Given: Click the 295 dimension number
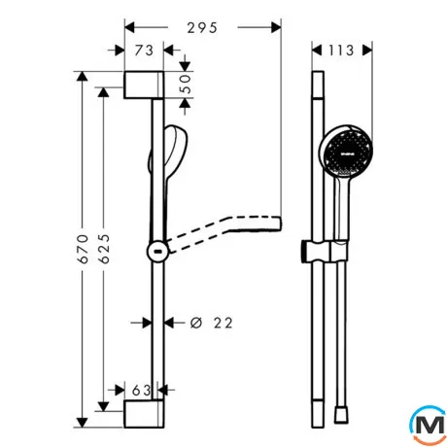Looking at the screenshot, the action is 202,28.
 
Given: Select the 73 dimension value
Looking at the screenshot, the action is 144,51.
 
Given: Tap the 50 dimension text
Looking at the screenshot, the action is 186,84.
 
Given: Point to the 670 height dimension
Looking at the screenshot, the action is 84,249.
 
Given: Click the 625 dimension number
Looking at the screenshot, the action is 104,249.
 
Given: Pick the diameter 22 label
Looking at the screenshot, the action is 212,323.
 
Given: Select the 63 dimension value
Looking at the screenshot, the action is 142,391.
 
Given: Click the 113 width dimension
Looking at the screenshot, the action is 341,51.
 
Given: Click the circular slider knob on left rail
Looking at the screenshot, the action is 157,252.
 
